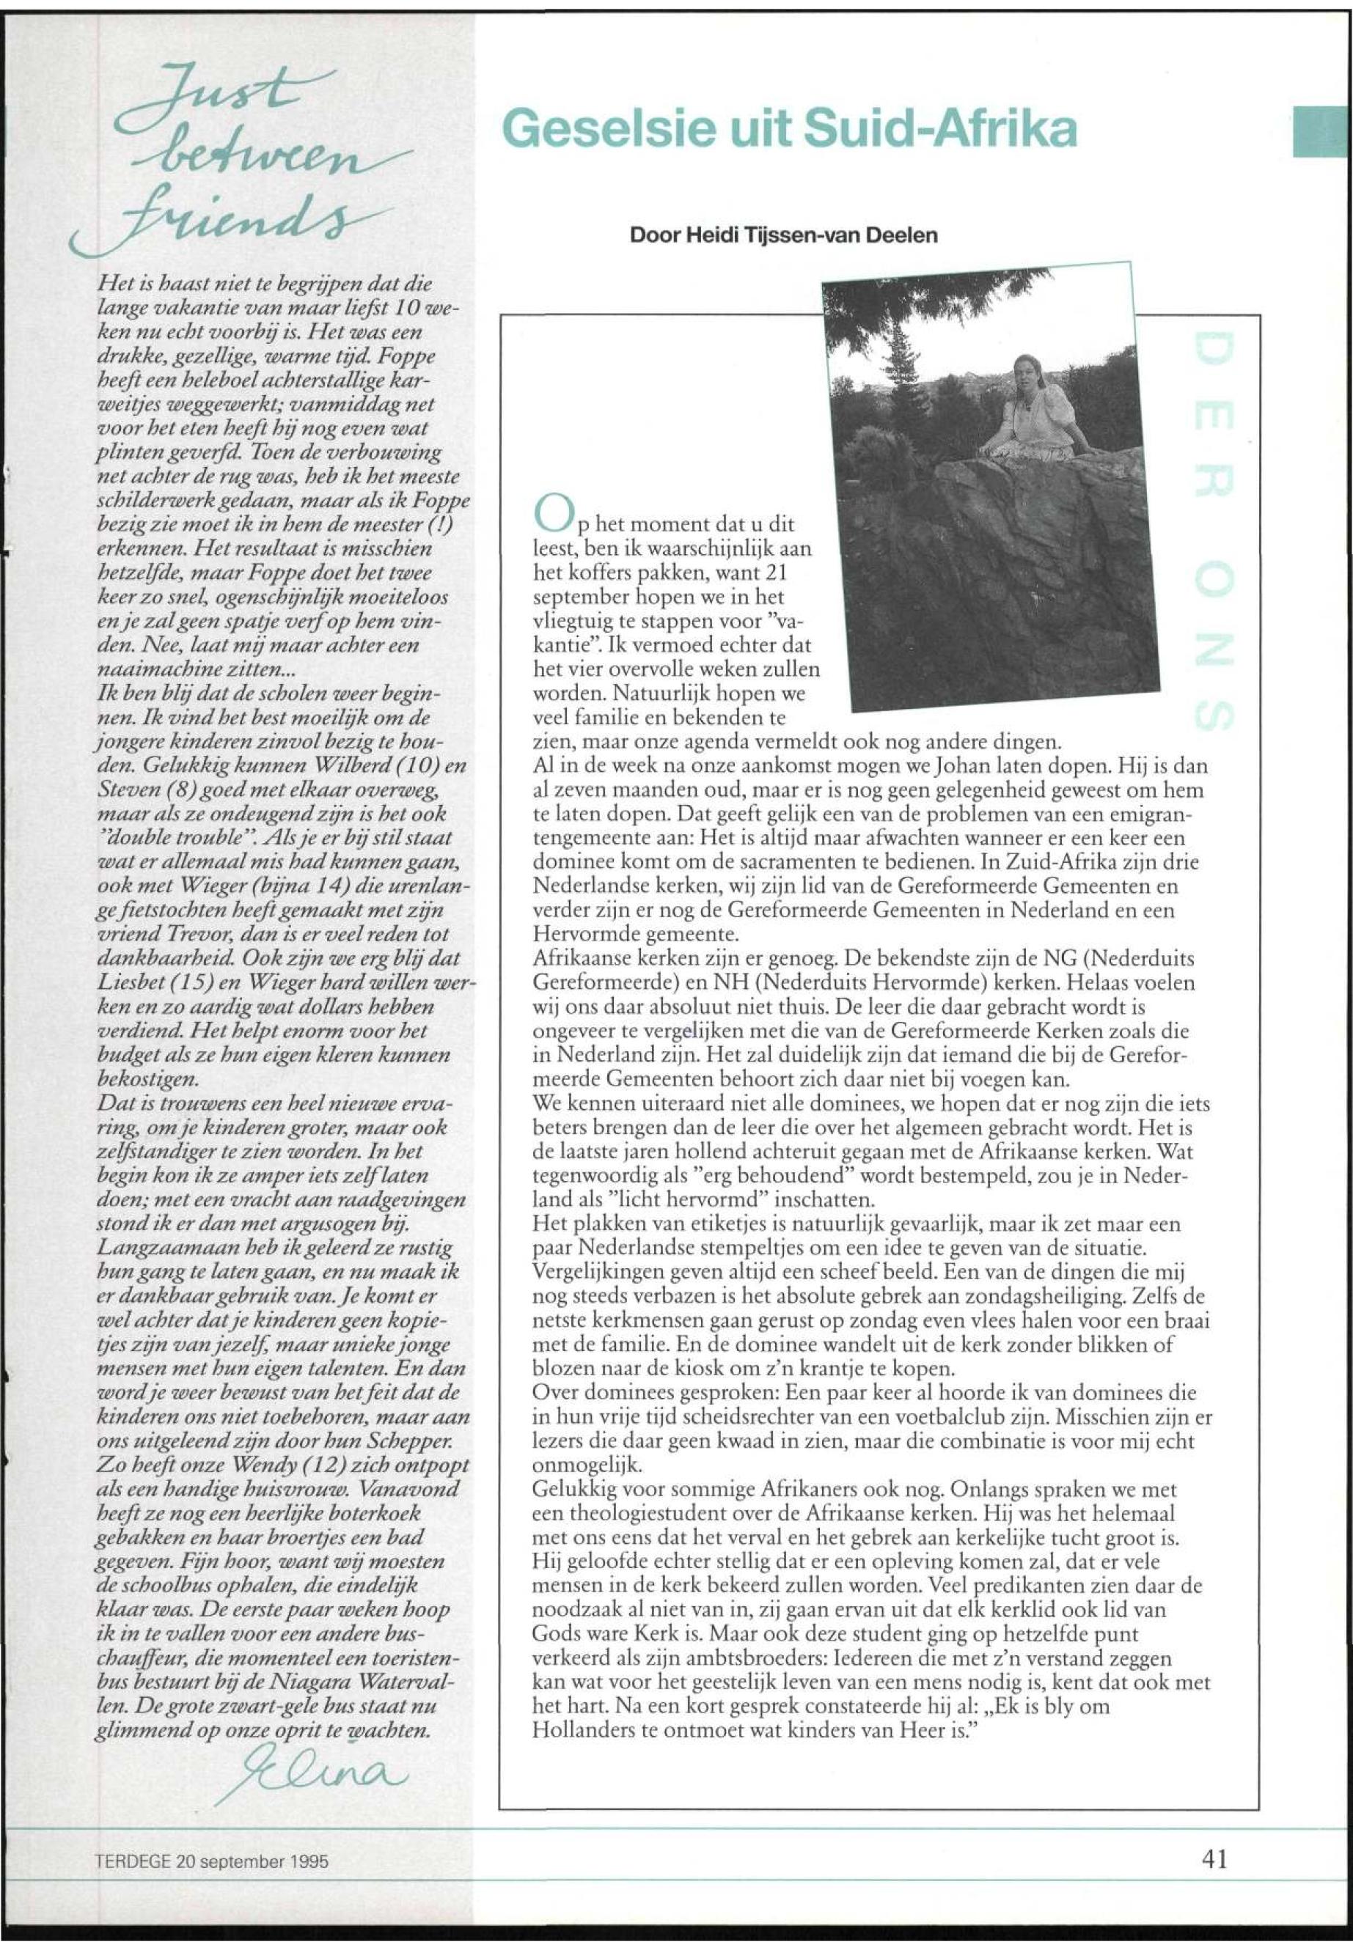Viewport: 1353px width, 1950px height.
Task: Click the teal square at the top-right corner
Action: point(1322,130)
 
